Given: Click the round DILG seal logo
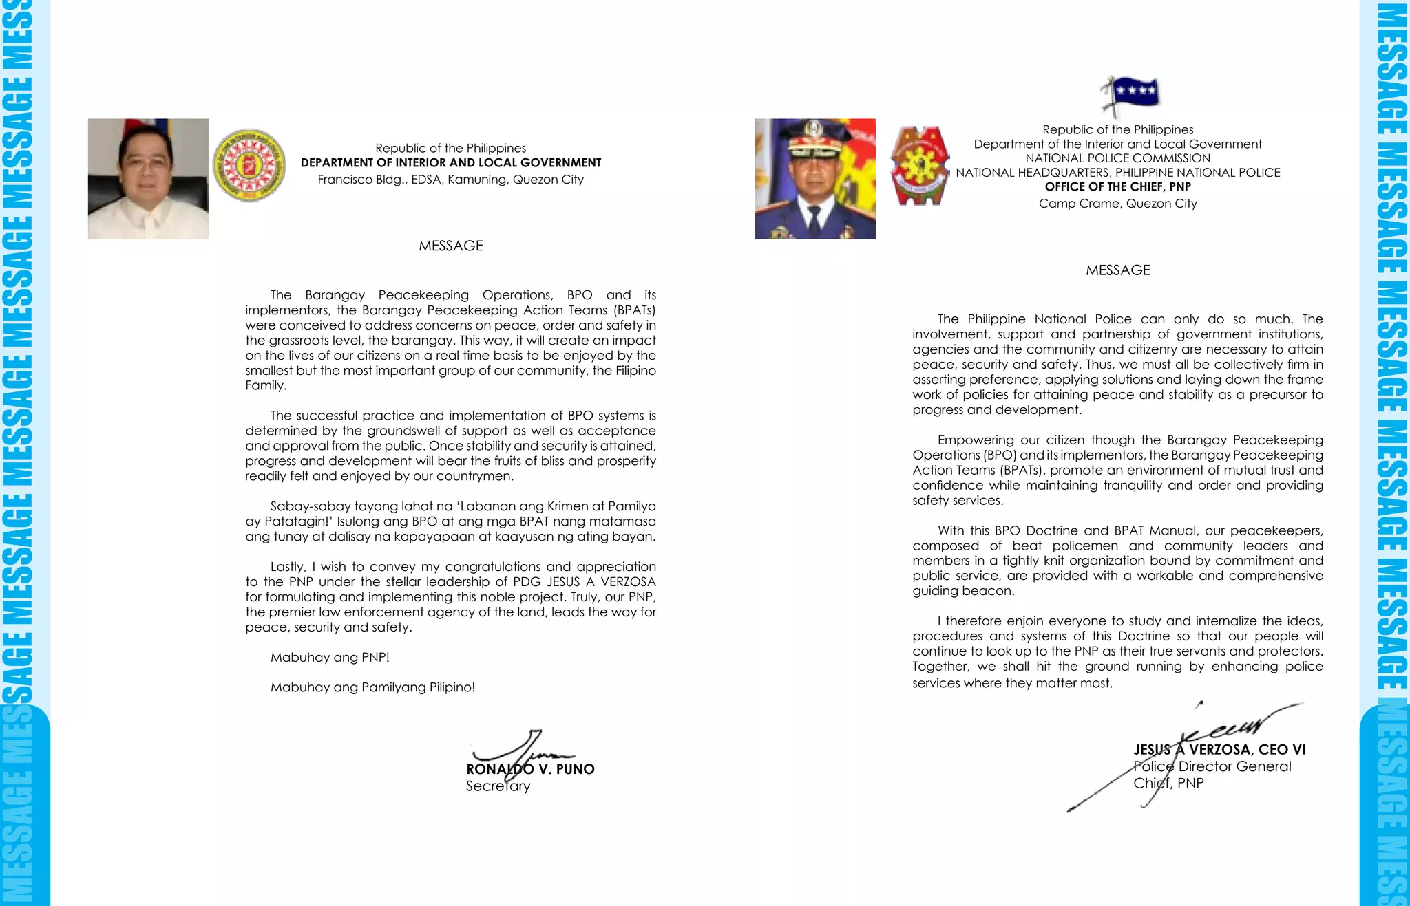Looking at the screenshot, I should [249, 165].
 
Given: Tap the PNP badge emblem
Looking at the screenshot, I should [919, 165].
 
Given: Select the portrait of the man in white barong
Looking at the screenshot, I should [148, 179].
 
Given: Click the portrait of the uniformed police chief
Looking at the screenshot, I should [815, 179].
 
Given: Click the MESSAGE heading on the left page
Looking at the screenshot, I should [451, 246].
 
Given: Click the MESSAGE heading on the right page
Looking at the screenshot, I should [1117, 270].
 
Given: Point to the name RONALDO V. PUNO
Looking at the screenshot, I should [530, 769].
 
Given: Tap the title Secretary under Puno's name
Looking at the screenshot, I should [498, 786].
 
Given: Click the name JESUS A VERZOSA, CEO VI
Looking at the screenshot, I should [1219, 750].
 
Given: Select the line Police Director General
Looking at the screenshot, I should [1212, 766].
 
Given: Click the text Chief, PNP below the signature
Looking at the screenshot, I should [1168, 783].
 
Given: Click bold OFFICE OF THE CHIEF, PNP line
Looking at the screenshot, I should [1117, 186].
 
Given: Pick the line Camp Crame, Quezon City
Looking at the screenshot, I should [1117, 204].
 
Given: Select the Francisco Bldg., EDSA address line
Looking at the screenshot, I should [450, 180].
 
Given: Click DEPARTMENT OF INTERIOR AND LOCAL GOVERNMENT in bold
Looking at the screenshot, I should [450, 162].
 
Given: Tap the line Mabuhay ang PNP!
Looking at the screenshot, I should [330, 657].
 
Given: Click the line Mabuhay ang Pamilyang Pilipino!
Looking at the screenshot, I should [372, 687].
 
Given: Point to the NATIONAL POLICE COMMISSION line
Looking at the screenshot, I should [1117, 158].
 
